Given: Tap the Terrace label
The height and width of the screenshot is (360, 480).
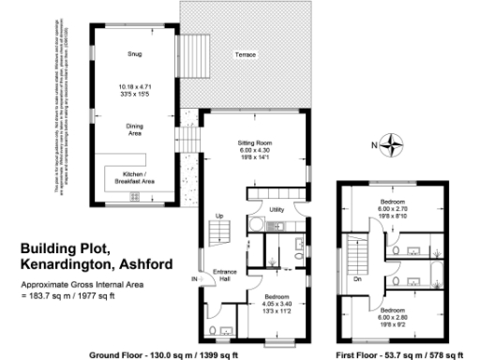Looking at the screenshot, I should pyautogui.click(x=247, y=55).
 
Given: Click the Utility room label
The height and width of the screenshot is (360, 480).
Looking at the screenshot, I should pyautogui.click(x=277, y=209).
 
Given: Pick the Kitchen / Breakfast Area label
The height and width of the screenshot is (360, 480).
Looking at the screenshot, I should pyautogui.click(x=134, y=177).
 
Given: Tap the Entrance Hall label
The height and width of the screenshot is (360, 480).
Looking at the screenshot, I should pyautogui.click(x=224, y=276).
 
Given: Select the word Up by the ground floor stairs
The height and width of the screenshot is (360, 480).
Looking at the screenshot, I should pyautogui.click(x=219, y=217).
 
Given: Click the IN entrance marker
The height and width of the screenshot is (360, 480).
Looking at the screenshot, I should pyautogui.click(x=194, y=279).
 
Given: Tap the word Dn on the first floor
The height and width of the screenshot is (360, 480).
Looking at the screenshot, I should pyautogui.click(x=357, y=278).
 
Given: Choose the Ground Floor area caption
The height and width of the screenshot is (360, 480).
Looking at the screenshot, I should pyautogui.click(x=163, y=355).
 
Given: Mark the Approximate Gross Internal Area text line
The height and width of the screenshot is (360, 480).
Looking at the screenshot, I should pyautogui.click(x=79, y=283).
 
